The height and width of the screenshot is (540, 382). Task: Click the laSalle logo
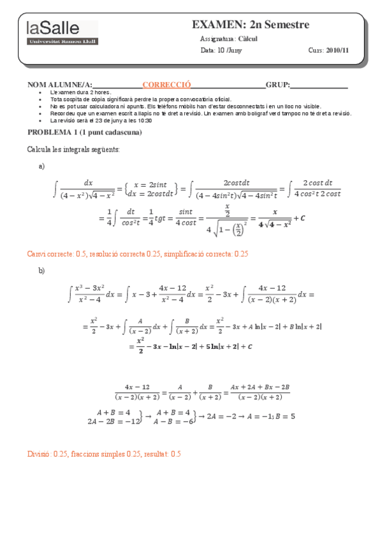[62, 32]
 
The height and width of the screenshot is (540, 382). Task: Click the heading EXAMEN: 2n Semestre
[250, 25]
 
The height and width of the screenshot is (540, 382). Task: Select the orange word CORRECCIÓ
[166, 85]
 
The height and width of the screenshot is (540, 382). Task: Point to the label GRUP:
[278, 85]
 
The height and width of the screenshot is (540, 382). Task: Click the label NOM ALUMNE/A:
[60, 85]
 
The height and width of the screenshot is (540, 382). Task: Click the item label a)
[42, 166]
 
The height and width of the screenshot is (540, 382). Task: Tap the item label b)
[42, 271]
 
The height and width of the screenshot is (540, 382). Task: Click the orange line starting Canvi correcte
[137, 253]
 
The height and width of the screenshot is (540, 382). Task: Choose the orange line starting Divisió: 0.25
[104, 453]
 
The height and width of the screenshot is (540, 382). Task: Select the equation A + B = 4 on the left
[113, 412]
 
